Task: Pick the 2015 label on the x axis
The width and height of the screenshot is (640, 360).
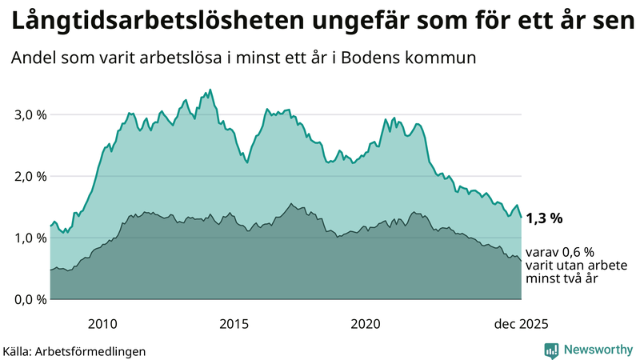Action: point(234,324)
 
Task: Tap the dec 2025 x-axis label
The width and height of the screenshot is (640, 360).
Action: point(521,324)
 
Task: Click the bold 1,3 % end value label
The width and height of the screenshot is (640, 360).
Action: point(545,218)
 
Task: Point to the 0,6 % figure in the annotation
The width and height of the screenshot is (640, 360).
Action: point(575,251)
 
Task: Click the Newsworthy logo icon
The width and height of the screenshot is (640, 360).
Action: point(551,350)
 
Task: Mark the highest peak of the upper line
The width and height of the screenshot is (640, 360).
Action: point(210,90)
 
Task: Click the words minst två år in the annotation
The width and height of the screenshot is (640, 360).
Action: point(562,279)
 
